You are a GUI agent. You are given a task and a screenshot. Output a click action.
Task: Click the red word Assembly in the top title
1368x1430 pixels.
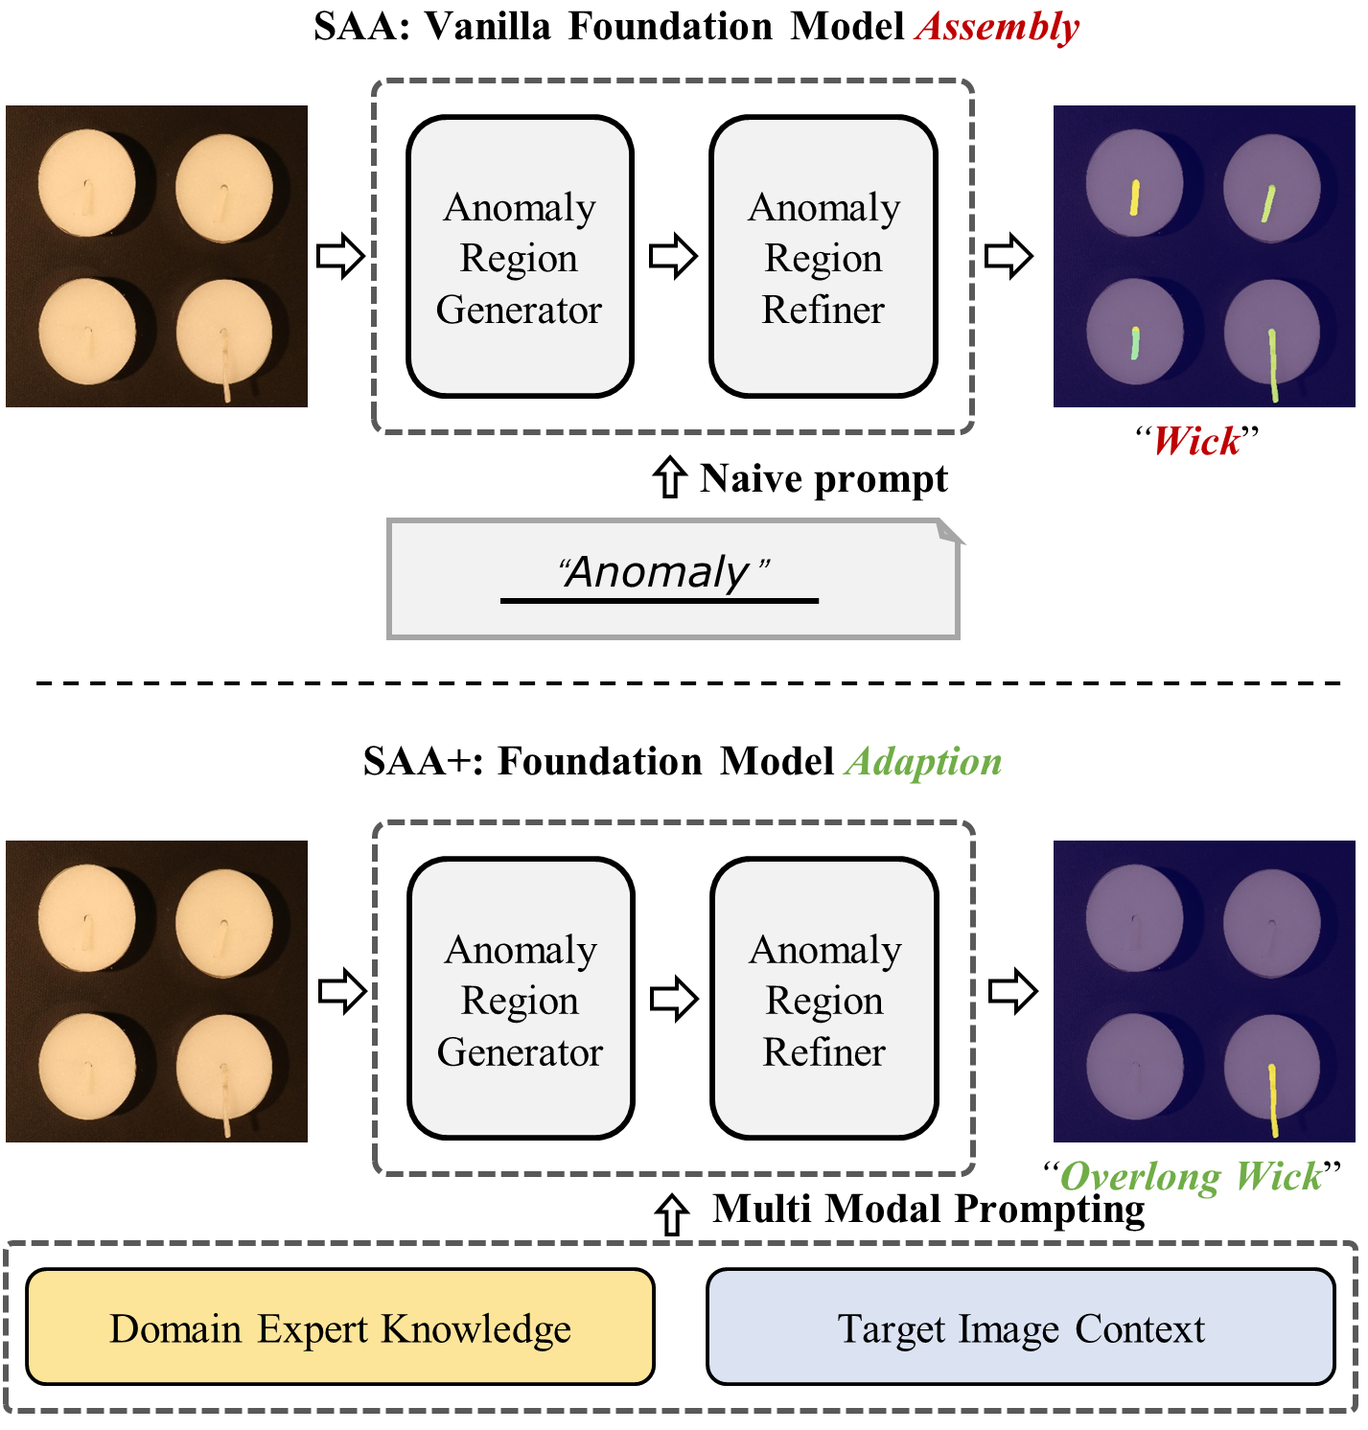click(x=997, y=27)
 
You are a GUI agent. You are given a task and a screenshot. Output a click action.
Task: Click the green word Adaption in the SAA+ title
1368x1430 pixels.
click(x=923, y=762)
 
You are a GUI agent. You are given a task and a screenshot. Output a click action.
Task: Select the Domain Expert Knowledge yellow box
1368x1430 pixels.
click(x=340, y=1327)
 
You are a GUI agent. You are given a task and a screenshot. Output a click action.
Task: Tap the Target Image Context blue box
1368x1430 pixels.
click(x=1021, y=1327)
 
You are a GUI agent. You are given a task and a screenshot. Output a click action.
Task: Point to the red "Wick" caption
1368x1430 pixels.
click(x=1195, y=442)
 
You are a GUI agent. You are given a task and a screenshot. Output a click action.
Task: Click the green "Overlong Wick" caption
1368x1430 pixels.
click(x=1191, y=1176)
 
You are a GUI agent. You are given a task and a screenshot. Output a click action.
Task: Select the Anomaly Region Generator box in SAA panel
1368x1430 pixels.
click(x=520, y=257)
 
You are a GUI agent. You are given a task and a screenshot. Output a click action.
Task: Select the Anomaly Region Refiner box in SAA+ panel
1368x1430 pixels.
click(x=823, y=999)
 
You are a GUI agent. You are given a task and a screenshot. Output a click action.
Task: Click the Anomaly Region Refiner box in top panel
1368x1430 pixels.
click(x=823, y=257)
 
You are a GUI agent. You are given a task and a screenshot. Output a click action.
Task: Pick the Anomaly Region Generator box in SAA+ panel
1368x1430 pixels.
click(x=520, y=999)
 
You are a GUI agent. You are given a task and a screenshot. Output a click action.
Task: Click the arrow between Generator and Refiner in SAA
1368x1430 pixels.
click(x=673, y=256)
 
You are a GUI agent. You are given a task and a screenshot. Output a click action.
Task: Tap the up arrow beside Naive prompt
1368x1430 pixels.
click(x=669, y=477)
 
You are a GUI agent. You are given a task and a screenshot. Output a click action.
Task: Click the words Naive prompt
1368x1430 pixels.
click(x=823, y=478)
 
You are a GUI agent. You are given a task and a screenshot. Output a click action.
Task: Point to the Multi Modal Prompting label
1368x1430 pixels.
click(x=928, y=1209)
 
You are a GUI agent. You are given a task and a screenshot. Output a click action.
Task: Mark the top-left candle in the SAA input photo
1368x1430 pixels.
click(x=86, y=184)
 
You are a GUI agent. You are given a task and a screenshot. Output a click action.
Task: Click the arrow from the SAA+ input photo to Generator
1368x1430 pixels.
click(x=342, y=991)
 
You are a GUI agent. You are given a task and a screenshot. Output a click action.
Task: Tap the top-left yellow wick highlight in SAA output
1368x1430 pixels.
click(x=1134, y=196)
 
